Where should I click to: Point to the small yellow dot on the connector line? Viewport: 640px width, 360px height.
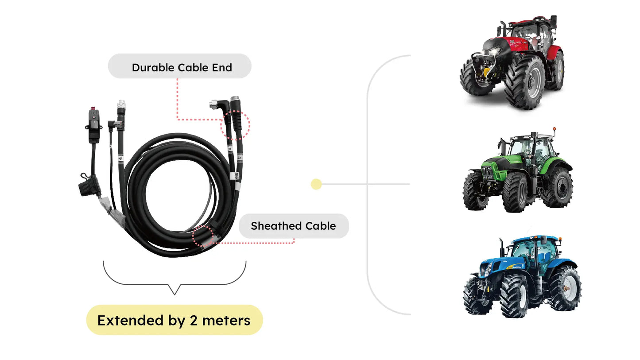316,184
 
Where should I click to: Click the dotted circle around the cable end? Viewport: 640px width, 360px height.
235,125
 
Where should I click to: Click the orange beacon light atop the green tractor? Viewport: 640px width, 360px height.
554,131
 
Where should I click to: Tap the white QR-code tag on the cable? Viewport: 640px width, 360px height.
237,176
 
